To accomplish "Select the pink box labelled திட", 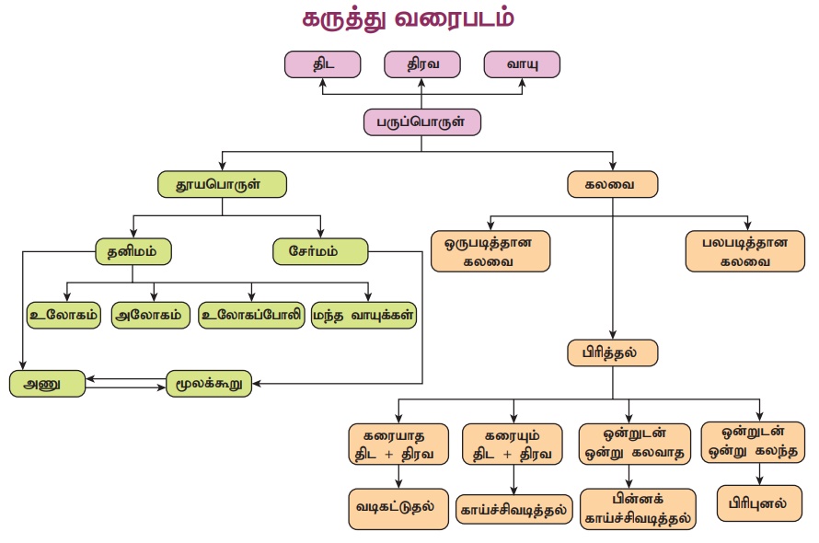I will click(322, 64).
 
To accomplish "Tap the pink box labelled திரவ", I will click(421, 64).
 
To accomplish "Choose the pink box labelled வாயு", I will click(521, 64).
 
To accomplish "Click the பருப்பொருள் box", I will click(422, 121).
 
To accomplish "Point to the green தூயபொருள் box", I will click(222, 184).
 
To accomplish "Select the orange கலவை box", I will click(613, 184).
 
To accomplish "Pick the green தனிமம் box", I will click(133, 251).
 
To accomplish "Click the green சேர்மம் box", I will click(320, 251).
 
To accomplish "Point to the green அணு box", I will click(48, 383).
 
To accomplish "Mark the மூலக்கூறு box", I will click(209, 383).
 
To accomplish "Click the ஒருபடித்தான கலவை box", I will click(490, 251).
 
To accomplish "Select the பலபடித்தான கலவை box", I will click(745, 251).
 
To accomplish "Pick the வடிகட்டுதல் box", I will click(398, 508).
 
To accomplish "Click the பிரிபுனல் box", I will click(758, 503).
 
